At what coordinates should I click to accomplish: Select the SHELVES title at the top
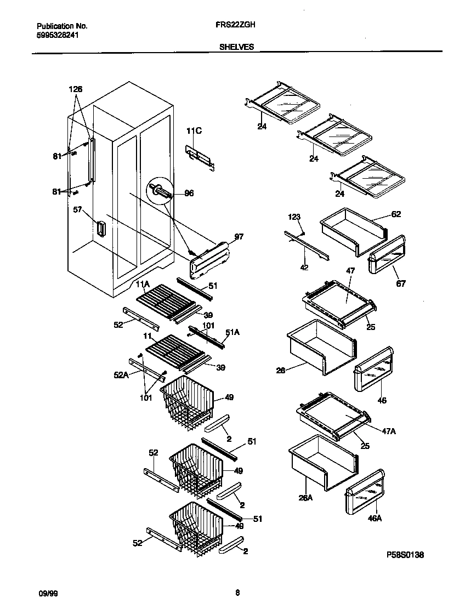coord(236,47)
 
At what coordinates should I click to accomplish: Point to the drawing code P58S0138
coord(405,555)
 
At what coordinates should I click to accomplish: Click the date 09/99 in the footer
coord(47,593)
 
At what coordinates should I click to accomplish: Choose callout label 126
coord(76,89)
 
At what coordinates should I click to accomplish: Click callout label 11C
coord(194,130)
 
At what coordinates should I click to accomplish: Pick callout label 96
coord(189,194)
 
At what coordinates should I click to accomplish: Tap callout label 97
coord(239,236)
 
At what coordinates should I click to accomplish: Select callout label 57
coord(78,209)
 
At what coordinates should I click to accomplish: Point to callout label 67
coord(401,283)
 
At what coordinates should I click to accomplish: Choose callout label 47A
coord(388,431)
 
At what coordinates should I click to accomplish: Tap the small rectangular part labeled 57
coord(100,228)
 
